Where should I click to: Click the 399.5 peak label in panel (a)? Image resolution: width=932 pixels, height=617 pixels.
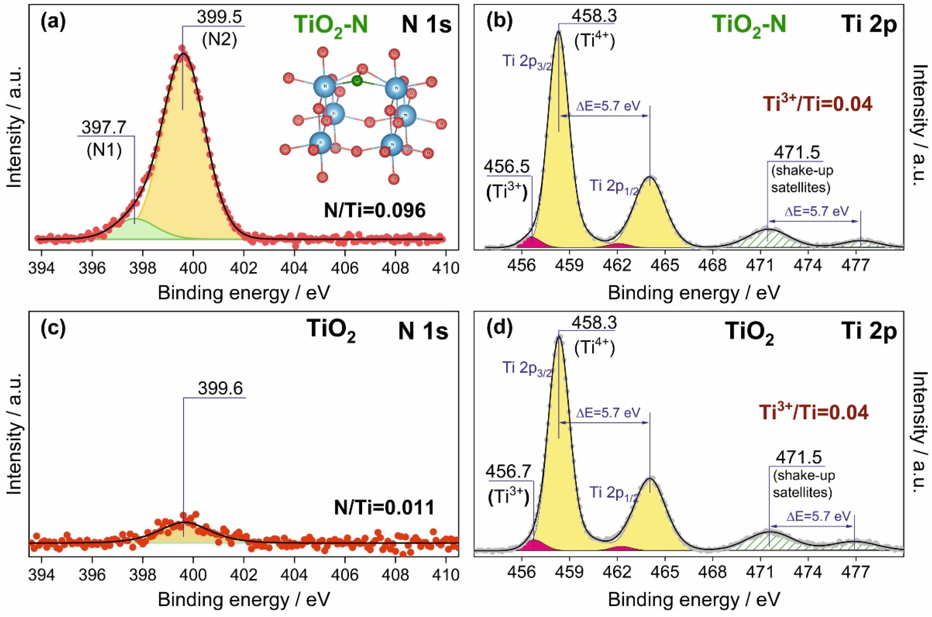219,17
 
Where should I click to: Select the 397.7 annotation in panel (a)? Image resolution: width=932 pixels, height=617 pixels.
104,127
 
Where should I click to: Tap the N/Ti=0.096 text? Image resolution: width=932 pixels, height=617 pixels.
374,211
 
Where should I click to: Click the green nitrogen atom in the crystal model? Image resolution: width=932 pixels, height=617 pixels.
357,81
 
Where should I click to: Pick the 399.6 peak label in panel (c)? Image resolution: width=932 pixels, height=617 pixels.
220,388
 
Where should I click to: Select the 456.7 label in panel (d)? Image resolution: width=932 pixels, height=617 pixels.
508,471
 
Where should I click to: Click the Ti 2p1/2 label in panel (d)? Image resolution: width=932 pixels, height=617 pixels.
613,493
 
